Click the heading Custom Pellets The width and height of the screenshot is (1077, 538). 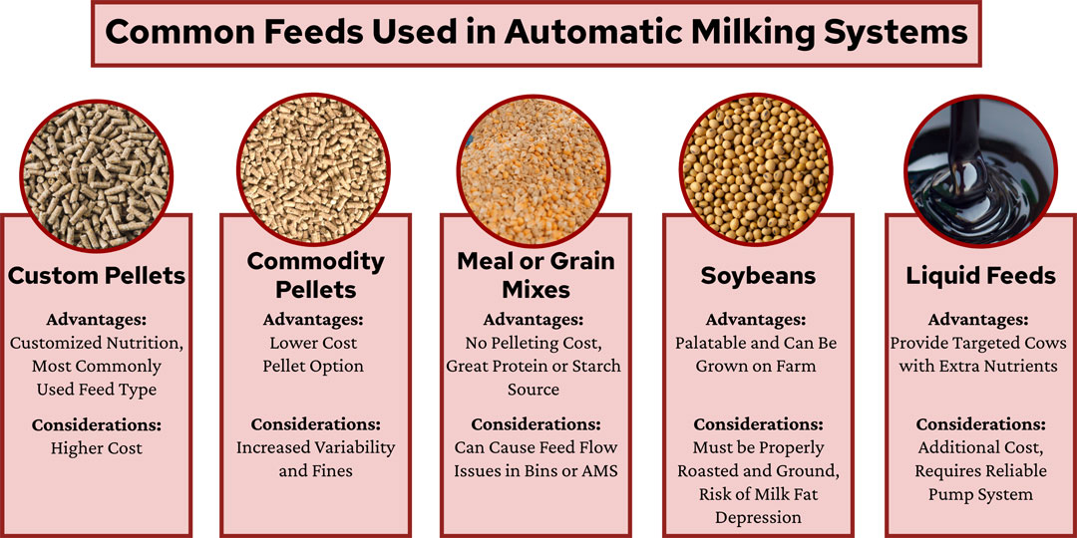click(x=97, y=275)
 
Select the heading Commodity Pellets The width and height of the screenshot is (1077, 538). click(x=315, y=275)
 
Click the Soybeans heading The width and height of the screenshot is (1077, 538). click(x=756, y=275)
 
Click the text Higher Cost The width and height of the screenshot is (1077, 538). click(x=97, y=448)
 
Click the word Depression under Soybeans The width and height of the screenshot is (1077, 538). click(x=758, y=517)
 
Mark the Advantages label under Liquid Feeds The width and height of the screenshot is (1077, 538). click(x=978, y=320)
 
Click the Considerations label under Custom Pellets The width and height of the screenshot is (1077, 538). click(x=97, y=425)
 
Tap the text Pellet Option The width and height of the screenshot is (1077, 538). click(x=315, y=366)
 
